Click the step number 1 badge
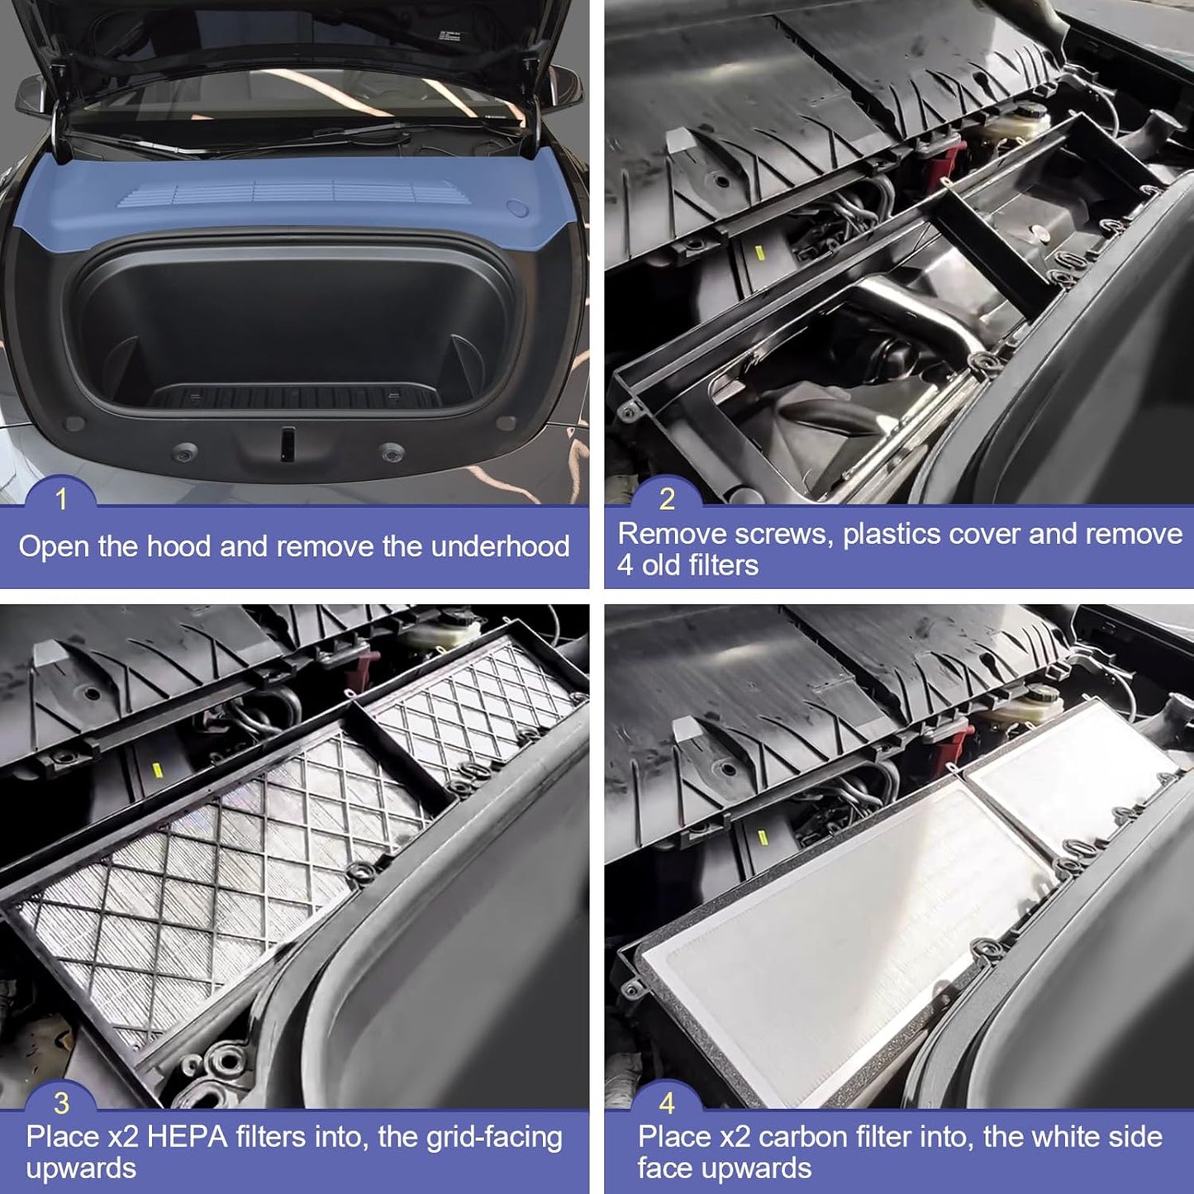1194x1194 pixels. pyautogui.click(x=59, y=499)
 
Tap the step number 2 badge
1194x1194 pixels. pyautogui.click(x=666, y=499)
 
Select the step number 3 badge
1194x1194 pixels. pyautogui.click(x=61, y=1103)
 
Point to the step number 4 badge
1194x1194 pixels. pyautogui.click(x=666, y=1103)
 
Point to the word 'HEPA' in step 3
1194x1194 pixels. pyautogui.click(x=187, y=1137)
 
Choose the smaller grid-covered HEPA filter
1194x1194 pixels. pyautogui.click(x=471, y=711)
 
